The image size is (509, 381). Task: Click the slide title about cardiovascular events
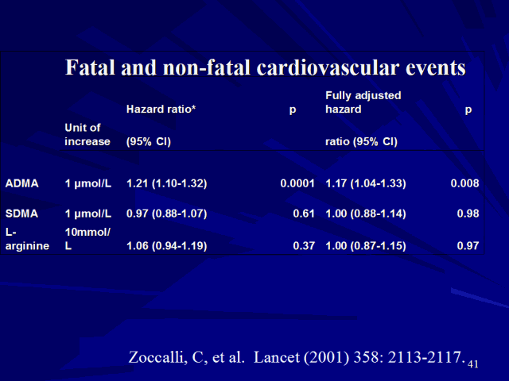point(265,67)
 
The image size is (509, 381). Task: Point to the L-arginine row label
point(27,238)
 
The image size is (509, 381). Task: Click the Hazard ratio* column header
point(161,110)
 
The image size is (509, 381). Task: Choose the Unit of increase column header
point(87,135)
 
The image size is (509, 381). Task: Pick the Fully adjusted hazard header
point(363,102)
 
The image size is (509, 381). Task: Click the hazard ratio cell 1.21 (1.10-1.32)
point(167,183)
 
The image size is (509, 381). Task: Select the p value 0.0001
point(298,183)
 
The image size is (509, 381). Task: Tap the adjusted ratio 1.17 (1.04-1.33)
point(366,183)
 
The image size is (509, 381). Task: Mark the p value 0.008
point(464,183)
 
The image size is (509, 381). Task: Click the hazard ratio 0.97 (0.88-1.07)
point(167,214)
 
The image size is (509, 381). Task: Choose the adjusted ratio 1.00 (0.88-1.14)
point(366,214)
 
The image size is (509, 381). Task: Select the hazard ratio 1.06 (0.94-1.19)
point(167,246)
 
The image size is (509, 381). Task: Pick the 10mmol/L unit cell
point(87,238)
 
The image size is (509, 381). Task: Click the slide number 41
point(474,363)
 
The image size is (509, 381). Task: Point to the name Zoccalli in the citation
point(157,356)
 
